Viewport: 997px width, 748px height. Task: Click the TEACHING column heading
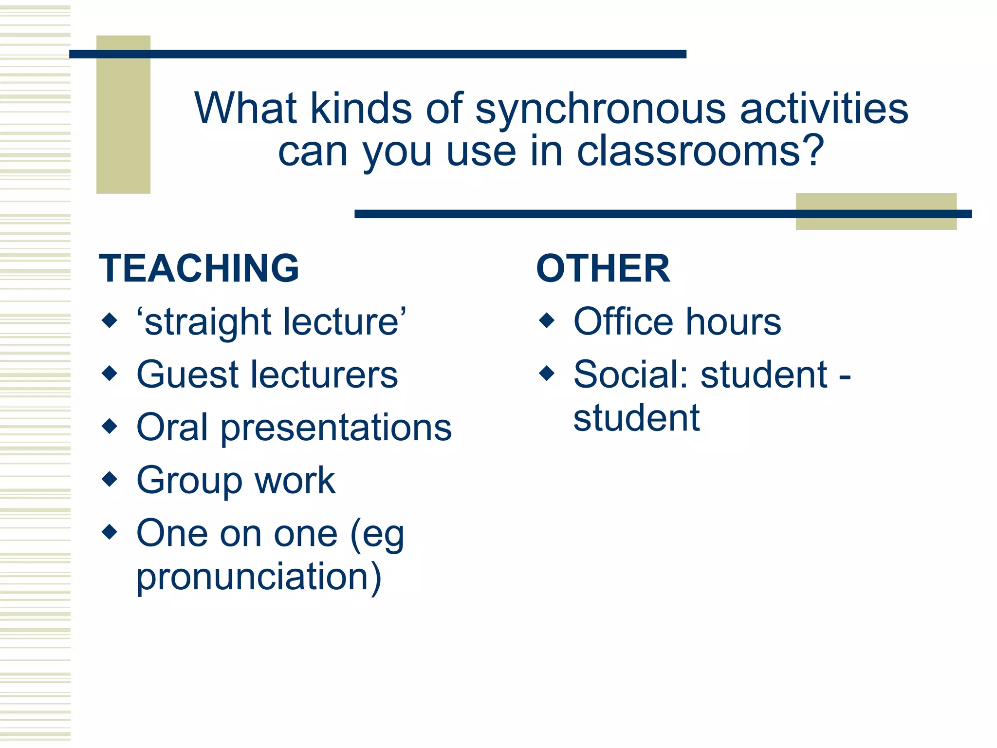click(199, 268)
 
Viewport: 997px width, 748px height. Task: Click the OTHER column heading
click(603, 268)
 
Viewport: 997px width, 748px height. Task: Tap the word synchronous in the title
click(600, 110)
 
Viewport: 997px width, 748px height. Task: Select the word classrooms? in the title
click(700, 151)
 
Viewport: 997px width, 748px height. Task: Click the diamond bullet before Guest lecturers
click(110, 374)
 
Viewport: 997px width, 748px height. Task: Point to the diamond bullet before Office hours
click(547, 320)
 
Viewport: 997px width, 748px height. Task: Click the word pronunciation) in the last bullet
click(258, 577)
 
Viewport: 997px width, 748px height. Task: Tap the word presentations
click(336, 428)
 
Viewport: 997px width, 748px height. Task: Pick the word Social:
click(631, 374)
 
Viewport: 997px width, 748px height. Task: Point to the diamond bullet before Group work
click(110, 479)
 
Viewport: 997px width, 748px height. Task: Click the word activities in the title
click(824, 109)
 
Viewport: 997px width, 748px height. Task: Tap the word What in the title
click(245, 109)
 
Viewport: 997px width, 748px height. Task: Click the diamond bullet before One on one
click(110, 532)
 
